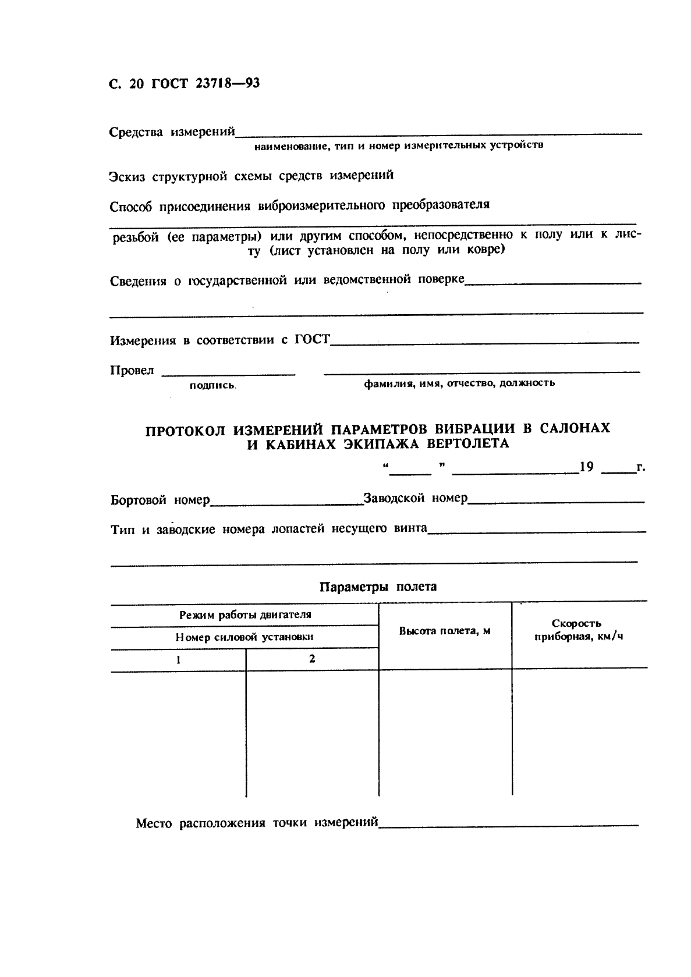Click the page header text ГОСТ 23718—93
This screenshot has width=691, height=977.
click(205, 84)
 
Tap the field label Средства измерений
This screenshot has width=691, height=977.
click(172, 132)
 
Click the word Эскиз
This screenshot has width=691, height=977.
click(127, 176)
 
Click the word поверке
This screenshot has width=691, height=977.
click(441, 279)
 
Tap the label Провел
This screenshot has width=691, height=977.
click(132, 371)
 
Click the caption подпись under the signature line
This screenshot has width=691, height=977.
click(212, 385)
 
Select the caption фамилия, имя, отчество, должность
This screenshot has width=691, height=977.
click(459, 383)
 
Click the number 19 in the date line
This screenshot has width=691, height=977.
click(586, 467)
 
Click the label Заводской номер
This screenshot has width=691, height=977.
click(415, 499)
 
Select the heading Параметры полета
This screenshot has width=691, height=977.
click(378, 587)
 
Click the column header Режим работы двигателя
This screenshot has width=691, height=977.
click(245, 614)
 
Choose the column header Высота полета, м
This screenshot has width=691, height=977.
click(445, 631)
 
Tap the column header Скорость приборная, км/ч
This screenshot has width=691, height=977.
click(578, 630)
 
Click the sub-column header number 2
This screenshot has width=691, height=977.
click(313, 659)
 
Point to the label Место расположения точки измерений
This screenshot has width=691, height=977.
click(257, 823)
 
